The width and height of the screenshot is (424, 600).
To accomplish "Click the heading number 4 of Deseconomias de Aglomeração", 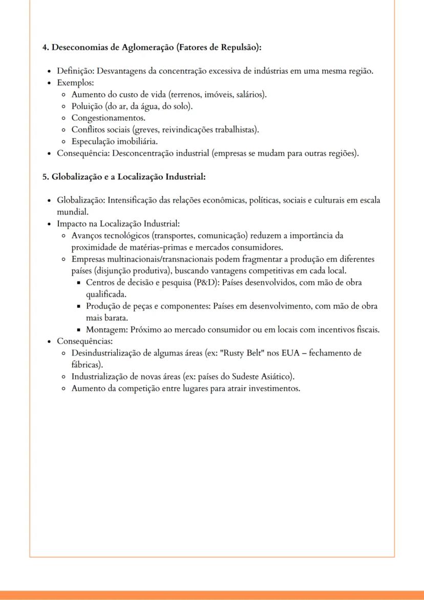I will coord(45,48).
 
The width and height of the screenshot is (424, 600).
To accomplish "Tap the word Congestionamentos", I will coord(101,118).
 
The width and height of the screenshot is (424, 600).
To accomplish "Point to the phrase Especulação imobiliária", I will coord(114,141).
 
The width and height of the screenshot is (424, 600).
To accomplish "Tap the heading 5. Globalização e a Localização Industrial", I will coord(124,177).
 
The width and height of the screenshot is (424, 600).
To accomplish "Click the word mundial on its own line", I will coord(73,212).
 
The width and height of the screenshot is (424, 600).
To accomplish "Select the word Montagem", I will coord(107,329).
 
